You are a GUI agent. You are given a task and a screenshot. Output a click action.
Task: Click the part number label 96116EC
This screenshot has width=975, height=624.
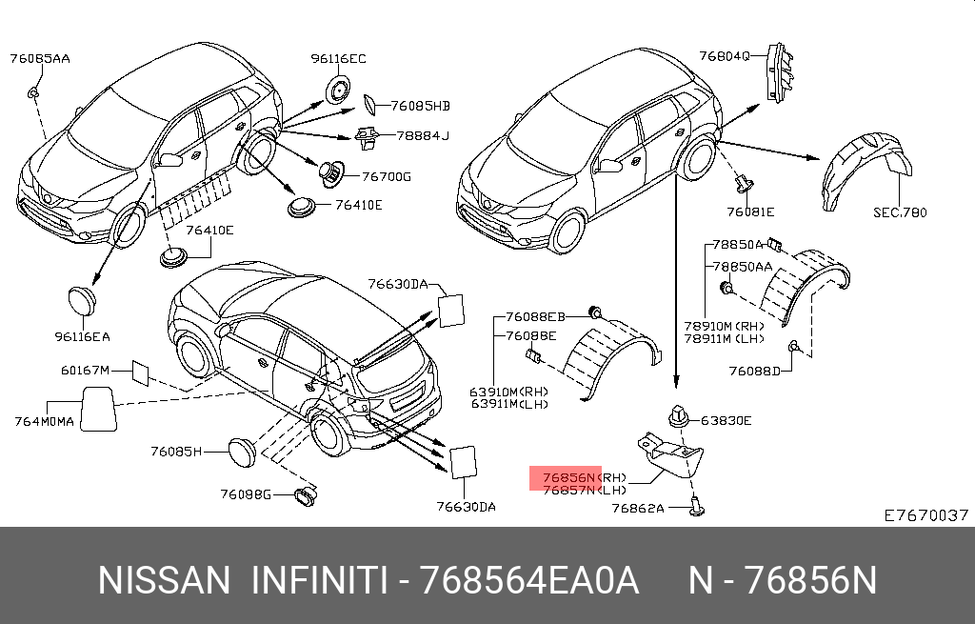pos(338,59)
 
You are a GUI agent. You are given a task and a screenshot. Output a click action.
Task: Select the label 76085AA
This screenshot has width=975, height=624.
pos(40,59)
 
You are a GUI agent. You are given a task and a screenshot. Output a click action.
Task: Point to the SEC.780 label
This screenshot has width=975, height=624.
pos(900,212)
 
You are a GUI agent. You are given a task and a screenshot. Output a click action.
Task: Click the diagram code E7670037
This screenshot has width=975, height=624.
pos(926,514)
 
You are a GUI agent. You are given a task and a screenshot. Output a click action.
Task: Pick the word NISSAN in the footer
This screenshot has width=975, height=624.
pos(165,580)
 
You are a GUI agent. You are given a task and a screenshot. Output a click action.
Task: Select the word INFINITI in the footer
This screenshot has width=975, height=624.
pos(318,580)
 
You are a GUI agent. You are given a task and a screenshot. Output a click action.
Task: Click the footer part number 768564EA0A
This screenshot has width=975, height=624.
pos(531,580)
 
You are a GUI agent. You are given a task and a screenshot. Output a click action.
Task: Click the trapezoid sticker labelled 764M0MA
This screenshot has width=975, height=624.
pos(95,410)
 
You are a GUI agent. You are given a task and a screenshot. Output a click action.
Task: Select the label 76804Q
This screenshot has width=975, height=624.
pos(726,56)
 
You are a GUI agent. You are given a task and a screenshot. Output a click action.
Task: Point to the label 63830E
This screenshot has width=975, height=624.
pos(726,420)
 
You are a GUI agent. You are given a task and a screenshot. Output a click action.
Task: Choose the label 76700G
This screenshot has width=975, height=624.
pos(387,177)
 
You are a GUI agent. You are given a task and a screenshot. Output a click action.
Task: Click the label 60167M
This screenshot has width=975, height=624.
pos(86,370)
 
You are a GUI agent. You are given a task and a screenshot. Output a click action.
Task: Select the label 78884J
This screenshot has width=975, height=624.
pos(422,135)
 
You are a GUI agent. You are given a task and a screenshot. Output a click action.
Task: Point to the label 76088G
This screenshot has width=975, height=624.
pos(246,493)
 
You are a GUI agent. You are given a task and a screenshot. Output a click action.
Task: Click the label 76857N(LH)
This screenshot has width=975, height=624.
pos(583,490)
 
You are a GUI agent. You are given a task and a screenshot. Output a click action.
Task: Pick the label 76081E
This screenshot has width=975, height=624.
pos(750,211)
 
